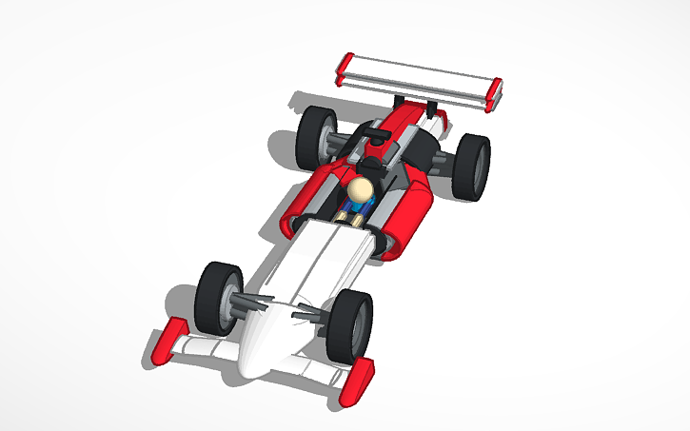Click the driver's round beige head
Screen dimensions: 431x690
point(361,193)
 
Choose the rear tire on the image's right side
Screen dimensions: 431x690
point(471,167)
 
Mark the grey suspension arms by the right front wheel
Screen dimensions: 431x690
point(312,312)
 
